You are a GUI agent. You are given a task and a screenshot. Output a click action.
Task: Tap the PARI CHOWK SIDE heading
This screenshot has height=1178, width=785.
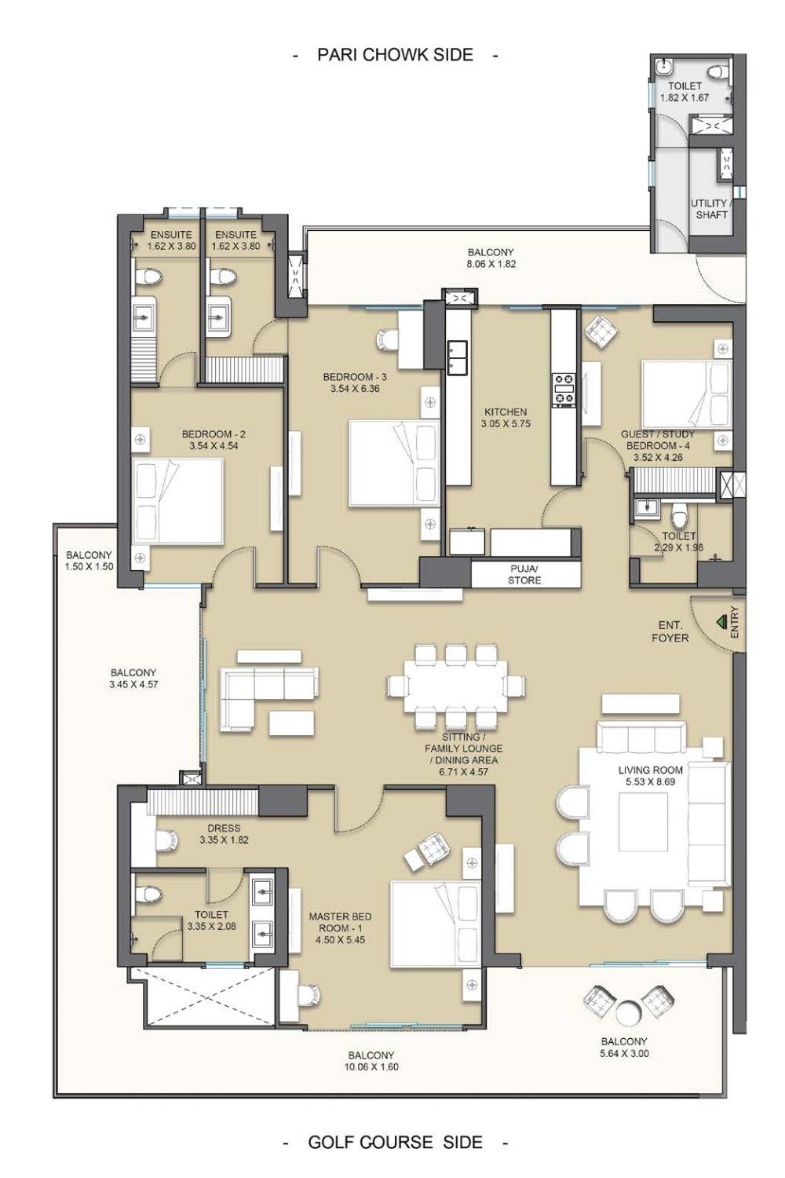pyautogui.click(x=395, y=55)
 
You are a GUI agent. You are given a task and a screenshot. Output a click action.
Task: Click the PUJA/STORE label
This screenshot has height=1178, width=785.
pyautogui.click(x=524, y=574)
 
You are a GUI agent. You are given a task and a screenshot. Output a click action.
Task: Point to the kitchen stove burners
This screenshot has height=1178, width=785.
pyautogui.click(x=562, y=390)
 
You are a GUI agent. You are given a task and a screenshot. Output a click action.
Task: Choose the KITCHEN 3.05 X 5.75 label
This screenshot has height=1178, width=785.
pyautogui.click(x=506, y=417)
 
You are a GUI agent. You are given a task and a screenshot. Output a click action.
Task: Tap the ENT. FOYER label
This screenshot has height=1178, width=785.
pyautogui.click(x=670, y=631)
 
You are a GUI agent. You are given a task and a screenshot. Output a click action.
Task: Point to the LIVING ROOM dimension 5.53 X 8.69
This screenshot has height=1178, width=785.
pyautogui.click(x=651, y=781)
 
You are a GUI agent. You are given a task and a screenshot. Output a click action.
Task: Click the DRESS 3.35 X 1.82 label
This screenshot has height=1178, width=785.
pyautogui.click(x=224, y=833)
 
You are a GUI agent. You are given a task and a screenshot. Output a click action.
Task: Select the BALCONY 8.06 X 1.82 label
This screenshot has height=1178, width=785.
pyautogui.click(x=491, y=258)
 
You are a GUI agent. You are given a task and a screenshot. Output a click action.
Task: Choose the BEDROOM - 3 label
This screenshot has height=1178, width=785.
pyautogui.click(x=354, y=376)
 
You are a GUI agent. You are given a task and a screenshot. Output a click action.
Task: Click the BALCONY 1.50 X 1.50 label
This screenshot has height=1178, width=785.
pyautogui.click(x=89, y=560)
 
